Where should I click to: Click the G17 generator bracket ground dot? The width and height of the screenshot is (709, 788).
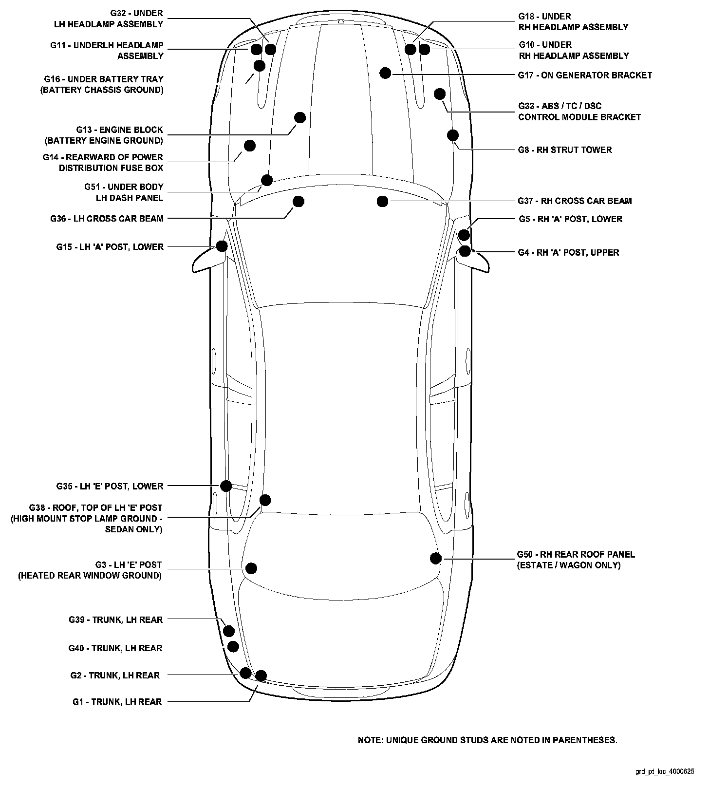tap(385, 73)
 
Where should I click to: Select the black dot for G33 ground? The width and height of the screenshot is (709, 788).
tap(440, 94)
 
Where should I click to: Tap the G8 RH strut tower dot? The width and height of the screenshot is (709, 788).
tap(453, 135)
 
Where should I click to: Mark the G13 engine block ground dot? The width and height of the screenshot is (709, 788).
tap(300, 118)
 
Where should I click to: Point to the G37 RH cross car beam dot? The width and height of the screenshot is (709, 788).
tap(382, 201)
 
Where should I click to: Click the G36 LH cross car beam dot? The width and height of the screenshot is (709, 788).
tap(299, 201)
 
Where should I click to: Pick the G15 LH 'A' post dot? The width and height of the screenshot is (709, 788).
tap(222, 246)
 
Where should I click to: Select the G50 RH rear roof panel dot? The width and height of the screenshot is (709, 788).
tap(436, 559)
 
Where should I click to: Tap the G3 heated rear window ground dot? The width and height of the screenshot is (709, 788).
tap(251, 568)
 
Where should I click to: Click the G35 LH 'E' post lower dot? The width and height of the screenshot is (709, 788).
tap(226, 486)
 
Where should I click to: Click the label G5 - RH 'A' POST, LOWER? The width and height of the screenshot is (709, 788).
tap(570, 219)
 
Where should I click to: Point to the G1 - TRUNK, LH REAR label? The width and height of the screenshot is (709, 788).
tap(117, 702)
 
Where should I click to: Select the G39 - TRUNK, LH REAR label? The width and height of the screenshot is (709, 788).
tap(115, 620)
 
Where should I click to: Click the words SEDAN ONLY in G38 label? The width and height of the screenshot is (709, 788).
tap(133, 529)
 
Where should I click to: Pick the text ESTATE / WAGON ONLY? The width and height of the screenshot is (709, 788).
tap(569, 565)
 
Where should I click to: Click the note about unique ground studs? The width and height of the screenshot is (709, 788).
tap(487, 740)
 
